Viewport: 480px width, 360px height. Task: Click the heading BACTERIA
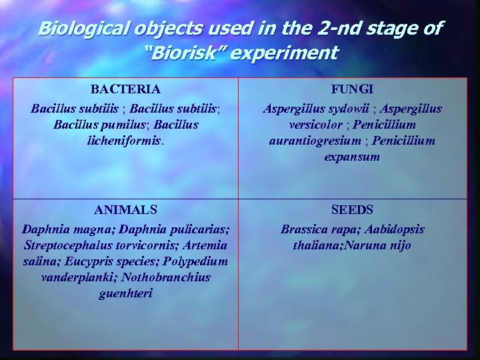tap(125, 89)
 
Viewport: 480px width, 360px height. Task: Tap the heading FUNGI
tap(352, 89)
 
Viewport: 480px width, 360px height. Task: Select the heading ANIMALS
tap(125, 210)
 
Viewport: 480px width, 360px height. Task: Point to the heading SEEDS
tap(352, 210)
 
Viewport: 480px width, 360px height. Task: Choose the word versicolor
tap(315, 125)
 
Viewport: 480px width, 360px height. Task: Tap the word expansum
tap(352, 157)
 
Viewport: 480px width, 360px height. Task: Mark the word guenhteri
tap(125, 293)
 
